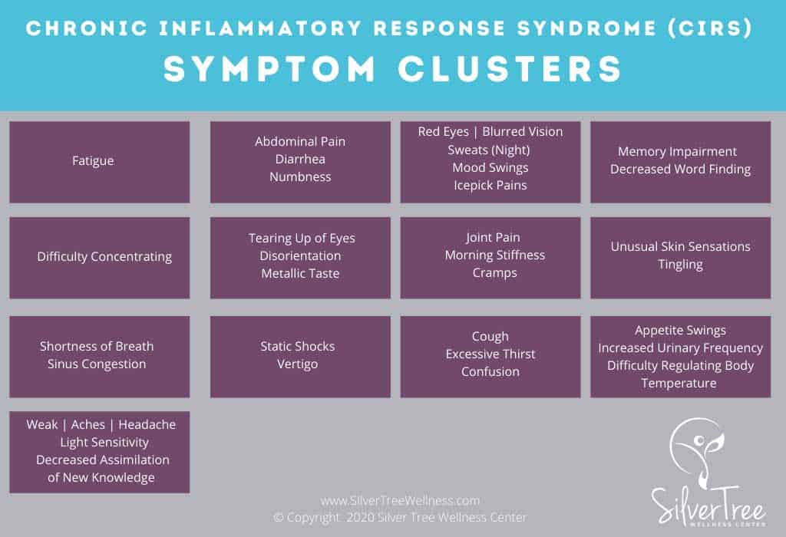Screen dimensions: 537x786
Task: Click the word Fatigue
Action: (x=93, y=161)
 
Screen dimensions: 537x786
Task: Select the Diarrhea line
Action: (x=300, y=159)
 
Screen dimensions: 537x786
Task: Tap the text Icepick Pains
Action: (x=490, y=185)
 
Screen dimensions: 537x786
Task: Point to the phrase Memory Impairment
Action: (x=677, y=151)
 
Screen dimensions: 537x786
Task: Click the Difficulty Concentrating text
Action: (x=104, y=257)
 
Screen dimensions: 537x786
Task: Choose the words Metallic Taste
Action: (x=300, y=273)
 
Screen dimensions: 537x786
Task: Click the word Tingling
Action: (x=680, y=264)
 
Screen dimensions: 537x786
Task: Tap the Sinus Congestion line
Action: (x=97, y=364)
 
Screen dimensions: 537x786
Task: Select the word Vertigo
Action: (x=297, y=364)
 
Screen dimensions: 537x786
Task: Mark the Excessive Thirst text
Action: (x=490, y=354)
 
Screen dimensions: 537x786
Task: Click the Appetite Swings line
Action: (x=680, y=331)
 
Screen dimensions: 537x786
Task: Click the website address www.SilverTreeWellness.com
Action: (x=400, y=500)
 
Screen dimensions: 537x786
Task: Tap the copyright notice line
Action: (x=400, y=517)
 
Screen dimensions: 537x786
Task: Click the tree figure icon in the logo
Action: (x=696, y=449)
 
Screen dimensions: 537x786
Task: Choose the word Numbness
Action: (x=300, y=176)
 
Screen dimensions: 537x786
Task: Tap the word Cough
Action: (x=490, y=336)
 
